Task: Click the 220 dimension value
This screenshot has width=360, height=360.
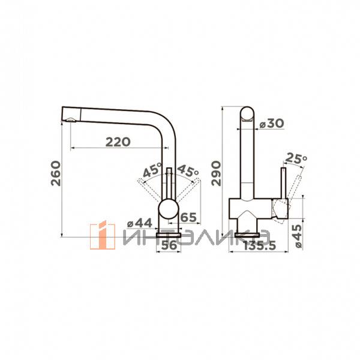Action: coord(118,142)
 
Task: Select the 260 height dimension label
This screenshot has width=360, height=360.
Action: coord(56,173)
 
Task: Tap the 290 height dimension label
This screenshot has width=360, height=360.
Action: coord(216,173)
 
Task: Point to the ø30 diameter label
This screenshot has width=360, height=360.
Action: coord(272,123)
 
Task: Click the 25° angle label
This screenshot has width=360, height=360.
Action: coord(296,158)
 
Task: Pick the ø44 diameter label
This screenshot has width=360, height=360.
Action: coord(140,223)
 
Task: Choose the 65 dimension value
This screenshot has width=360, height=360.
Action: coord(188,217)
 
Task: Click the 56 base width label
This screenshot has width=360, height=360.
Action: coord(169,245)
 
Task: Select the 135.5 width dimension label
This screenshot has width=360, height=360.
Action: coord(259,246)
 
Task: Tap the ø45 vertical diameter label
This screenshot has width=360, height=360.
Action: coord(298,236)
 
